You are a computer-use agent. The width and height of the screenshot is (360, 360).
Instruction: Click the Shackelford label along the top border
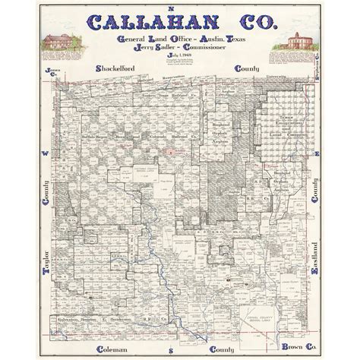pyautogui.click(x=121, y=69)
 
